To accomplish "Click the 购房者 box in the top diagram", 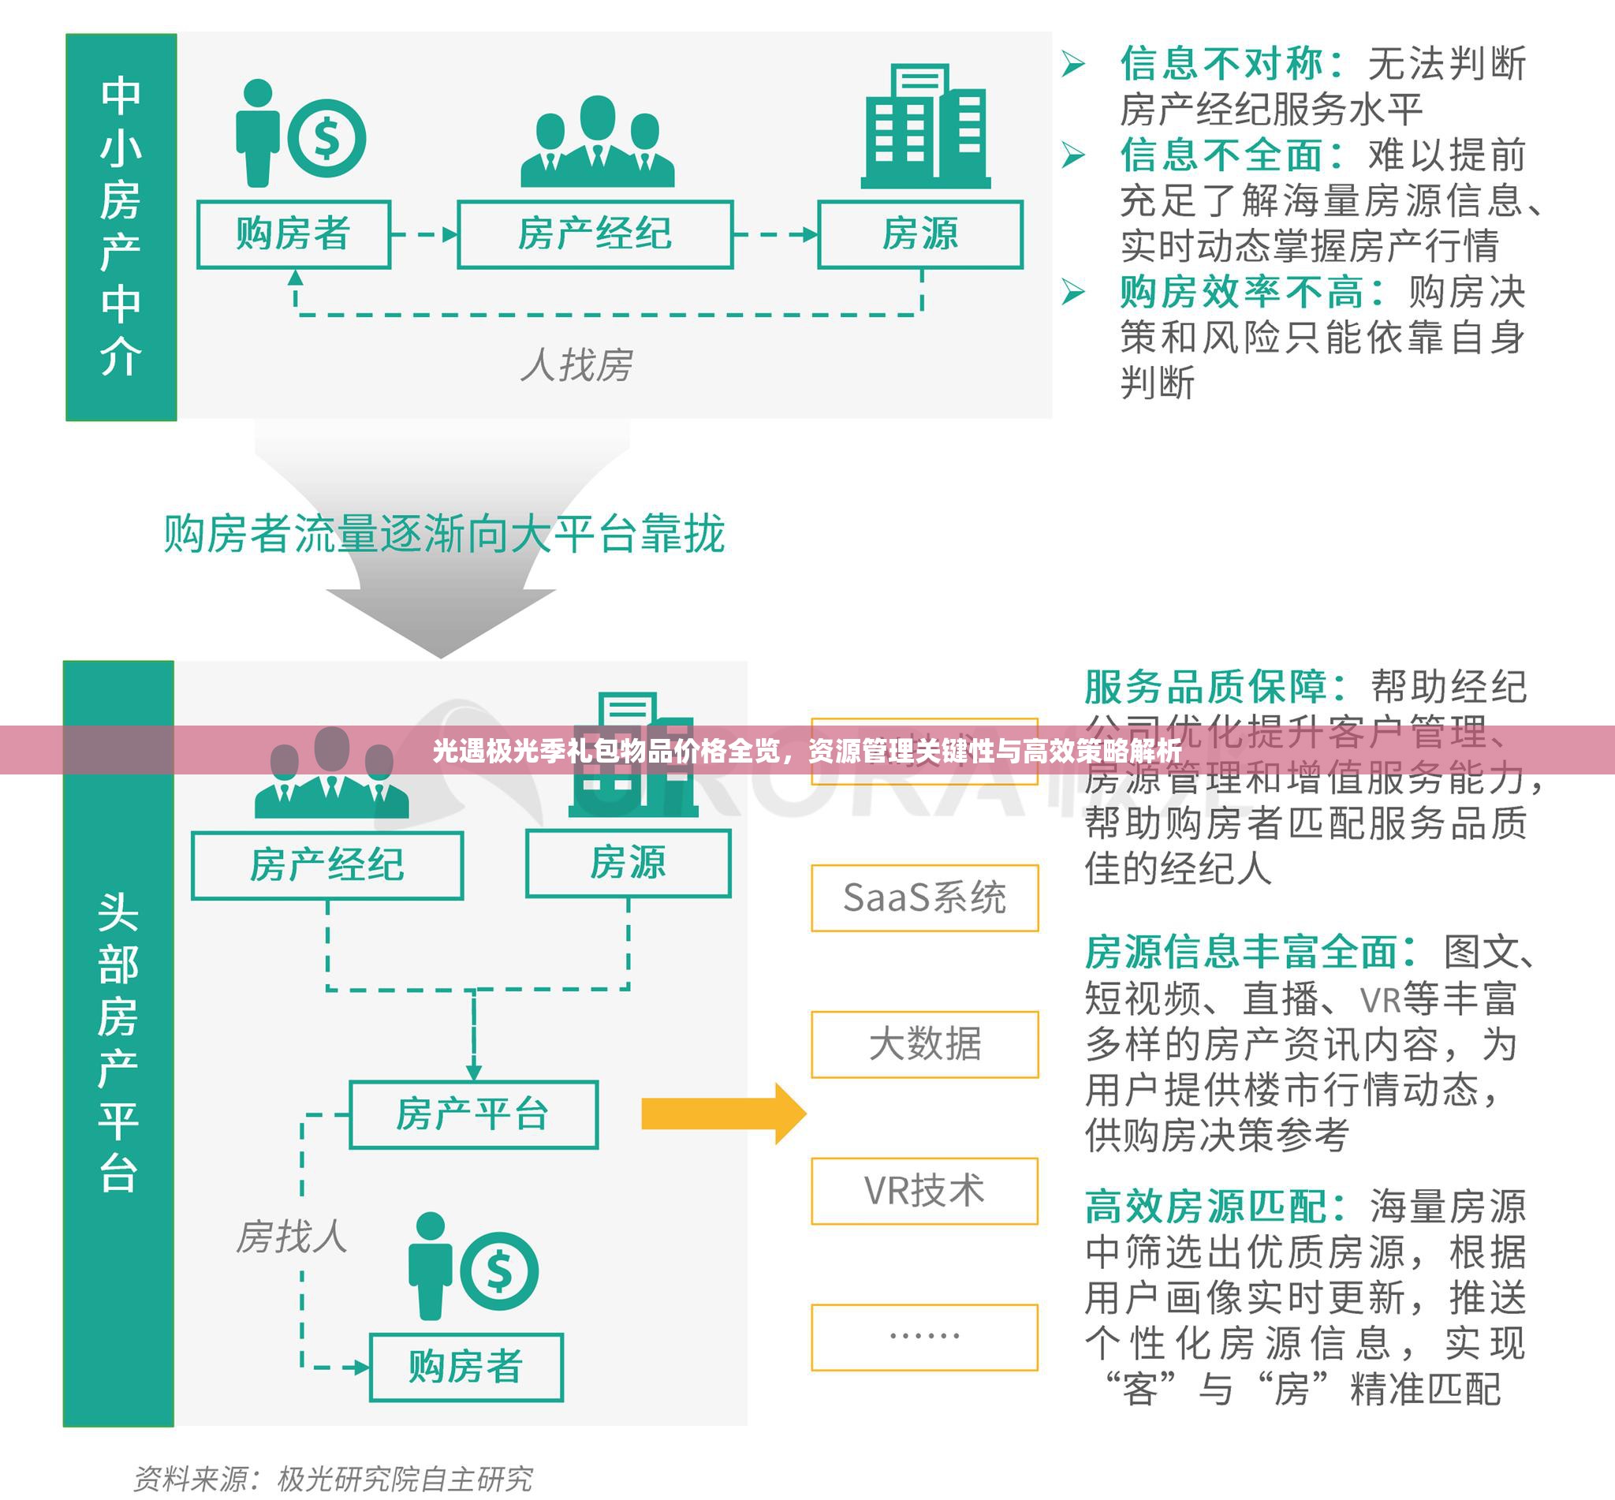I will point(294,234).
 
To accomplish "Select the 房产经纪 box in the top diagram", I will point(595,234).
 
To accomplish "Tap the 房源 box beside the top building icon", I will point(920,234).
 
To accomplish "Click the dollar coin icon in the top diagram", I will point(326,139).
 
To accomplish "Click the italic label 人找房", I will point(577,364).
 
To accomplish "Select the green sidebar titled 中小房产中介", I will point(121,227).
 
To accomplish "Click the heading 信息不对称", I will point(1230,63).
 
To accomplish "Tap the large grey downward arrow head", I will point(441,621).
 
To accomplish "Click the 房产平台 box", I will point(473,1114).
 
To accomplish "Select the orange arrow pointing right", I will point(722,1114).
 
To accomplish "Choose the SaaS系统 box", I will point(924,897).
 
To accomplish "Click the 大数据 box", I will point(924,1045).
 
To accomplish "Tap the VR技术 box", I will point(924,1191).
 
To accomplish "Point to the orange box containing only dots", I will point(924,1337).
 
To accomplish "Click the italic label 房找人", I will point(291,1237).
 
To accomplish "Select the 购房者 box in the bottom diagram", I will point(466,1367).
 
